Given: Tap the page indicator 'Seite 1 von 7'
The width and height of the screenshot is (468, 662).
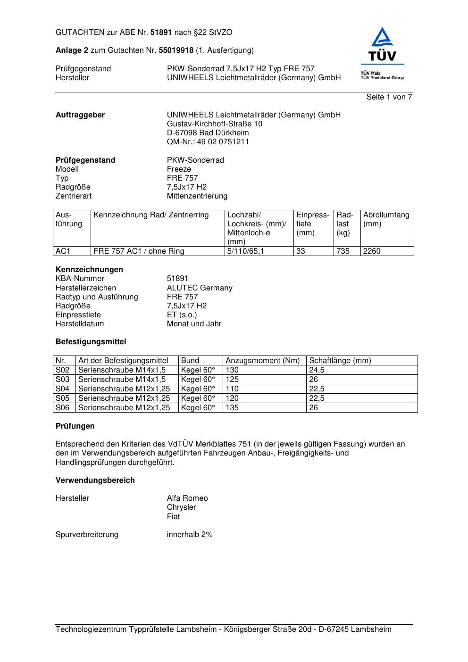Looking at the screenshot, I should click(389, 97).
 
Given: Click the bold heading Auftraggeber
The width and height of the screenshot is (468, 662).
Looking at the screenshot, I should click(80, 115).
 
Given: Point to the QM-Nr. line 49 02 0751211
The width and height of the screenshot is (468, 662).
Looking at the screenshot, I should click(208, 142).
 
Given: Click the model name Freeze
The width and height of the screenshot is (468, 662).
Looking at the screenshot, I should click(179, 169).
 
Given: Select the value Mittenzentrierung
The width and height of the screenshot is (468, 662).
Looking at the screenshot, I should click(197, 196).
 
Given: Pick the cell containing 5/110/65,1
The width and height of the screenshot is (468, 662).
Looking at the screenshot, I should click(245, 251).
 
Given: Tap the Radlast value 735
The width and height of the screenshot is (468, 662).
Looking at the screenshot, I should click(343, 251).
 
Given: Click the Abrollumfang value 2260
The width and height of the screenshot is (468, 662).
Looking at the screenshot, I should click(371, 251).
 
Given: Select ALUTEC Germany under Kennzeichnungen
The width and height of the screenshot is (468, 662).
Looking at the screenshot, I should click(200, 288).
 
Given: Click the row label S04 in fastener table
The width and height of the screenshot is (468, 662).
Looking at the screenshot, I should click(63, 389).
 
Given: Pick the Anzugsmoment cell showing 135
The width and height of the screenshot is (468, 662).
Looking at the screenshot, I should click(232, 408).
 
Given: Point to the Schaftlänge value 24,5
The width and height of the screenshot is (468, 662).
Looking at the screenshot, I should click(317, 370).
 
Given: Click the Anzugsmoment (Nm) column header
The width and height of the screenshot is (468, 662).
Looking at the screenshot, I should click(262, 361).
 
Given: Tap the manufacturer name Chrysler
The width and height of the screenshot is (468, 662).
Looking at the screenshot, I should click(181, 507).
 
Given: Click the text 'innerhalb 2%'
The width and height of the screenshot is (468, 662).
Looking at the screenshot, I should click(190, 535).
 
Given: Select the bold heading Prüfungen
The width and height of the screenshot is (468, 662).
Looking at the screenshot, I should click(75, 426).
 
